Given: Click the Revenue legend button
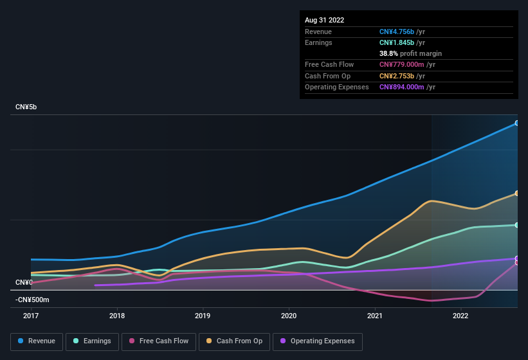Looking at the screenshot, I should click(37, 341).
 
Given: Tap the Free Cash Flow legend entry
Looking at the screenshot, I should click(159, 341).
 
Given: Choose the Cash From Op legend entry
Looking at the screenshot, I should click(234, 341).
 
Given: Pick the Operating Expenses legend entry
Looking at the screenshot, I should click(317, 341).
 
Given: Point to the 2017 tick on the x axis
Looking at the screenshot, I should click(31, 316).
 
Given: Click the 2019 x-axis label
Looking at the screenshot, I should click(203, 316).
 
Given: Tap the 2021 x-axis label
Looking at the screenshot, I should click(374, 316).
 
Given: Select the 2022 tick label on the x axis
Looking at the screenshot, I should click(460, 316).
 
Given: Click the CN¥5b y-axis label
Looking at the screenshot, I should click(26, 107).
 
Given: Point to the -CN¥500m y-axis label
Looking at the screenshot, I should click(32, 300).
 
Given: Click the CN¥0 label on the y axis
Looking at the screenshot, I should click(24, 282).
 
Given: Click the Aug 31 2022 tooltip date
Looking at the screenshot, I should click(324, 20).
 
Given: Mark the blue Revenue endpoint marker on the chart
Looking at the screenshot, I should click(517, 123).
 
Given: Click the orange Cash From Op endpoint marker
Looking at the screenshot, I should click(517, 193).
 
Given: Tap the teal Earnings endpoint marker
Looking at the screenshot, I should click(517, 225).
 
